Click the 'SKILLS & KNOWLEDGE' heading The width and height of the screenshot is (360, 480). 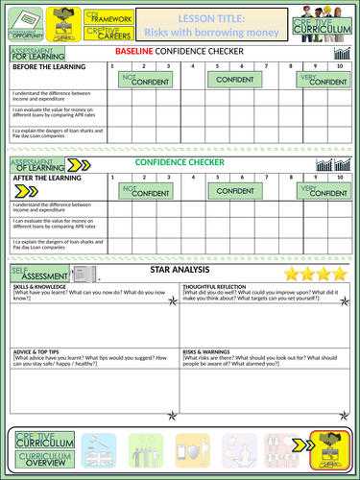(39, 287)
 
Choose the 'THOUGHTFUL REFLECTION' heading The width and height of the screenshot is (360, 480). (212, 287)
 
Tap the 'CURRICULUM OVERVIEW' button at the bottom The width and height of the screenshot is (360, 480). (42, 453)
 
